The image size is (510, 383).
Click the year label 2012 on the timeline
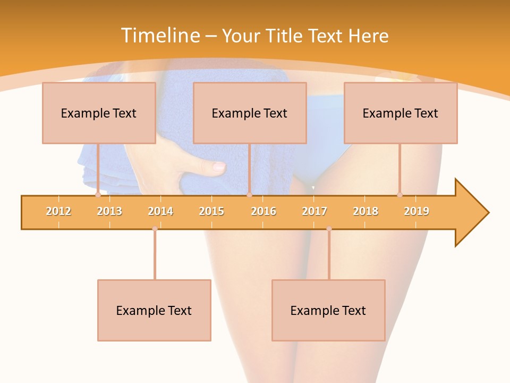tap(58, 211)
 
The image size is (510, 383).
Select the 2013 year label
tap(109, 211)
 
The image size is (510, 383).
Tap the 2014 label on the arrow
tap(160, 211)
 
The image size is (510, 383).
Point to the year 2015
tap(211, 211)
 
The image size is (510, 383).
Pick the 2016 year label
tap(263, 211)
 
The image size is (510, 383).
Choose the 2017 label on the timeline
tap(314, 211)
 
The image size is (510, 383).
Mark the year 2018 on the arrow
tap(365, 211)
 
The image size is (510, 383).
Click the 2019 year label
tap(416, 211)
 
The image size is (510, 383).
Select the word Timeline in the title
tap(160, 36)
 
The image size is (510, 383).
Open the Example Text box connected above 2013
tap(99, 113)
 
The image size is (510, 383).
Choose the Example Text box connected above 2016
tap(250, 113)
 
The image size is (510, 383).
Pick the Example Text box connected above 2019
tap(401, 113)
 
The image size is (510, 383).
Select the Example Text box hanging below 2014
tap(154, 310)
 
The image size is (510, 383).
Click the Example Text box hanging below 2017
tap(328, 310)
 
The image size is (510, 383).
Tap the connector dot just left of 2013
tap(98, 195)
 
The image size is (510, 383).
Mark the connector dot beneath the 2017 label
tap(329, 229)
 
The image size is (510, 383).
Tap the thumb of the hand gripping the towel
tap(210, 167)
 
